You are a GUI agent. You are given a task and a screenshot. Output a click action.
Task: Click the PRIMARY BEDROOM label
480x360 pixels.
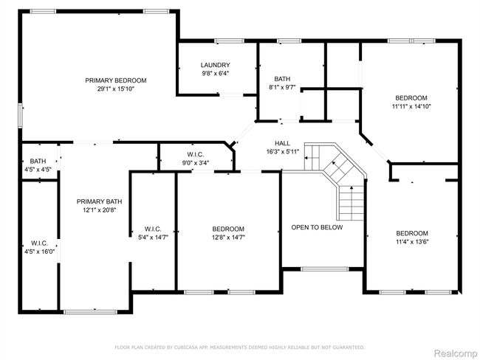116,80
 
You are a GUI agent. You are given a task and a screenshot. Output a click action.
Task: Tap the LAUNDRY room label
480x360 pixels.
215,65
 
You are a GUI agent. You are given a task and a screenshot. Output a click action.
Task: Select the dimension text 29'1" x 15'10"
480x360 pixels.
116,89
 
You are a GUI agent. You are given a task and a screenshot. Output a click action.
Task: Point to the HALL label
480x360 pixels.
282,143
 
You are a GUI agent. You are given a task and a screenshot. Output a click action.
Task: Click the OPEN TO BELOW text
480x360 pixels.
317,227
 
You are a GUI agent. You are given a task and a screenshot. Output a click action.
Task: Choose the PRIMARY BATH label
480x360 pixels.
99,201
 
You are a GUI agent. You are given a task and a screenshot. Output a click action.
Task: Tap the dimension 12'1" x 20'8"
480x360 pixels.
99,210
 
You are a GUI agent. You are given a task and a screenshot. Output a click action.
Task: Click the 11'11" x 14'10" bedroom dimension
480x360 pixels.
411,106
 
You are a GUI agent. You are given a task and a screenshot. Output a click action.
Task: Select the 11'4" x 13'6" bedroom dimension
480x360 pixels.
412,242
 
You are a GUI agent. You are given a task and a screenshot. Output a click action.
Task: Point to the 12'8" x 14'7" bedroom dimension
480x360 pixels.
228,238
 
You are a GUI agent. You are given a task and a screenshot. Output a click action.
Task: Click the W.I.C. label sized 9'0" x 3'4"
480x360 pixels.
196,155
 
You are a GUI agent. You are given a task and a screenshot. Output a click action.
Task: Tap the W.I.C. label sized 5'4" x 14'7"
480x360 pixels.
153,229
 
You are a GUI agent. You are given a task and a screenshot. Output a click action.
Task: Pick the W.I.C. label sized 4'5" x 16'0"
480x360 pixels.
39,243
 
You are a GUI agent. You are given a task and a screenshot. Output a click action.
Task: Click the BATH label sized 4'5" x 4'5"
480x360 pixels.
38,162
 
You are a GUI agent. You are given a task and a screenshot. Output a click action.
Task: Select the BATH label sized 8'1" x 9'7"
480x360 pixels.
282,79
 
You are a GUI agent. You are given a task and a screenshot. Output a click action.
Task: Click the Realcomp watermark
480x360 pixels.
456,353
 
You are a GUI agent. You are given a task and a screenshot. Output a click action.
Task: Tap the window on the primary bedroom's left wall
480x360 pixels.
20,115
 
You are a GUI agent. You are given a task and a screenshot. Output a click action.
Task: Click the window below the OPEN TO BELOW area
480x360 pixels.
325,269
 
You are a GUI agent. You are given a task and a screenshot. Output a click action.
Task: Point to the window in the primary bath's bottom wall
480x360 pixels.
90,312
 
